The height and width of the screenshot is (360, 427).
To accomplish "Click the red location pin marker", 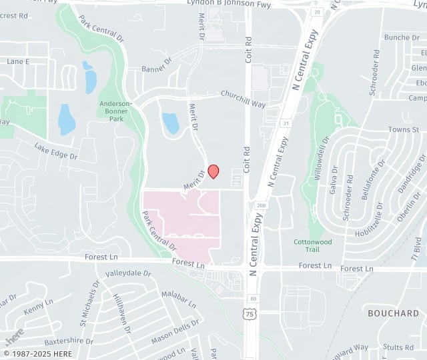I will pos(213,171).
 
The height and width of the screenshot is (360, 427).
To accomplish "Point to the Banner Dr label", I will pos(157,67).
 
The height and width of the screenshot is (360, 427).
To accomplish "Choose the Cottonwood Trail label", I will pos(312,245).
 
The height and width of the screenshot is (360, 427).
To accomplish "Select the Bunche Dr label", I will pos(401,38).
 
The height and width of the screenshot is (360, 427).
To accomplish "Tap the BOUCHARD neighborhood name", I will pos(394,313).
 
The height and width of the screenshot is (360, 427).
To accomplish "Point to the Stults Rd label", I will pos(399,347).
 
